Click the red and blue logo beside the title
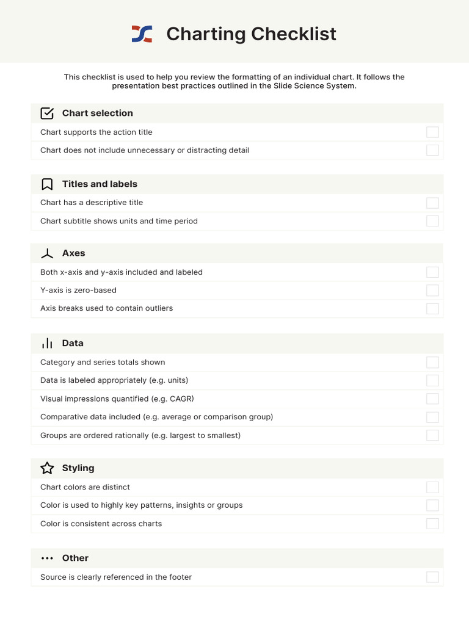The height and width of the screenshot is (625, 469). point(142,34)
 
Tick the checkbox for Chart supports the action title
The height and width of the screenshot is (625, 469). point(432,132)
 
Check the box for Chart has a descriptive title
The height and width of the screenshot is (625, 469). point(432,203)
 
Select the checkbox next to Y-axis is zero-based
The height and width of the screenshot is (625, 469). point(432,291)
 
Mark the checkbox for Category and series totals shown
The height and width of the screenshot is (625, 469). point(432,363)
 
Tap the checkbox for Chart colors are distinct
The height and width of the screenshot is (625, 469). point(432,487)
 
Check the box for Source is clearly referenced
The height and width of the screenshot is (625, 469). point(432,577)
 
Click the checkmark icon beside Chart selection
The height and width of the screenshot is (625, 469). point(47,114)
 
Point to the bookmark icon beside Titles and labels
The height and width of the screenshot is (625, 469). point(47,184)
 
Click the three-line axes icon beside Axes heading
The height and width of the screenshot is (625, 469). point(47,254)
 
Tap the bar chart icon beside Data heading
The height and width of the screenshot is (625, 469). point(47,344)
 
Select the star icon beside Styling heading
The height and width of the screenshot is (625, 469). point(47,468)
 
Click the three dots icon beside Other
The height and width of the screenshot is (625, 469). point(47,558)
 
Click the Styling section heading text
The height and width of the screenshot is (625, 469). point(78,468)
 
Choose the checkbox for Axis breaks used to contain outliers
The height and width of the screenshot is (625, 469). point(432,309)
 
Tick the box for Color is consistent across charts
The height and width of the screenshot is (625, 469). point(432,524)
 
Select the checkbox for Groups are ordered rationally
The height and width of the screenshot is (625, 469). point(432,436)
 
